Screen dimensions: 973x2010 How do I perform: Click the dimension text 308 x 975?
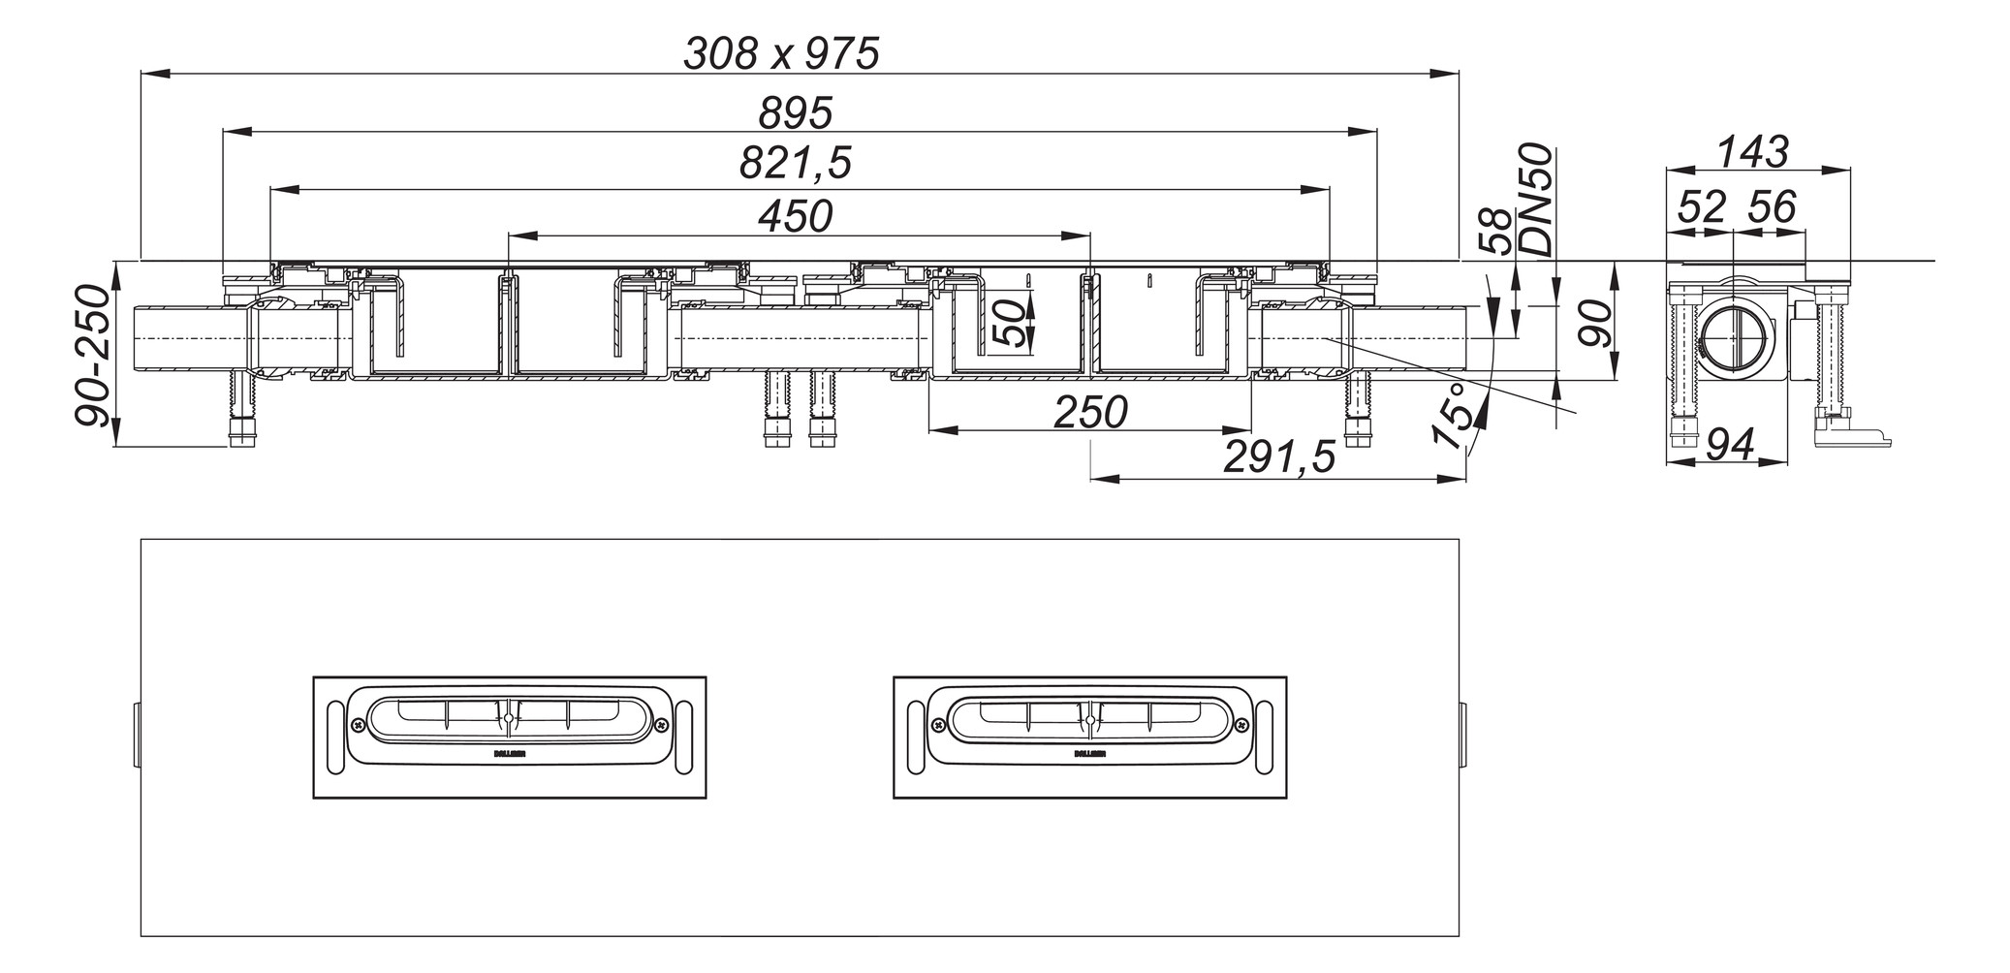click(781, 53)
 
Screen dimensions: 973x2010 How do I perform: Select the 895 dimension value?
click(795, 113)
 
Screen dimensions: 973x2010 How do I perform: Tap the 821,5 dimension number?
click(795, 163)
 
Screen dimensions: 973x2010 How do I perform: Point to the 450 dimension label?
click(795, 216)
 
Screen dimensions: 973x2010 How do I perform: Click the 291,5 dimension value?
click(1279, 456)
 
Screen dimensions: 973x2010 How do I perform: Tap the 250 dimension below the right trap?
click(1090, 412)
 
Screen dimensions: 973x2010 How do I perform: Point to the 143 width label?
click(1752, 152)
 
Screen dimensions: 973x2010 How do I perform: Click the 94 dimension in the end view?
click(1730, 445)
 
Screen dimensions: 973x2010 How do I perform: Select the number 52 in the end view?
click(1702, 207)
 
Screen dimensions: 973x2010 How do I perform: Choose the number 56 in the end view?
click(1772, 207)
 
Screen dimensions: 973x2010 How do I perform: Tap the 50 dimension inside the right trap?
click(1008, 324)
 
